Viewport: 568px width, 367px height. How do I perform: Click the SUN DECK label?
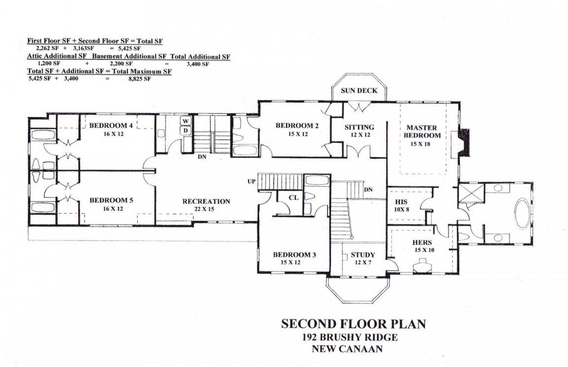pos(359,91)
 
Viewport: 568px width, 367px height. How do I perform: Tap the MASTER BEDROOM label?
pos(422,132)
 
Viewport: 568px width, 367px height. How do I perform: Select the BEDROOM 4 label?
pos(111,126)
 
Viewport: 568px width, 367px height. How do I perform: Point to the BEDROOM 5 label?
pos(111,200)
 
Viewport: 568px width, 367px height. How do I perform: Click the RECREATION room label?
pos(206,201)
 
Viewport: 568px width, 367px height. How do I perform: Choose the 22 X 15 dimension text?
pos(206,209)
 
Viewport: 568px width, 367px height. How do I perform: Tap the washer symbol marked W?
pos(186,121)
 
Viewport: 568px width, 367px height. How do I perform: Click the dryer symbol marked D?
pos(186,131)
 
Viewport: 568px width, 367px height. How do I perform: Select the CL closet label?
pos(294,198)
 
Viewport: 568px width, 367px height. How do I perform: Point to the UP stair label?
pos(252,182)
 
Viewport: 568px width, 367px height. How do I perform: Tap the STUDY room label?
pos(363,255)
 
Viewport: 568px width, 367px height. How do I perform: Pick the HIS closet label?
pos(401,201)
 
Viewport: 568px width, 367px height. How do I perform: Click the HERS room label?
pos(422,242)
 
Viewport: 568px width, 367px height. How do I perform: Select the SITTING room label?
pos(359,127)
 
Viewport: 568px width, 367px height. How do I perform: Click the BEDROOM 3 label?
pos(294,255)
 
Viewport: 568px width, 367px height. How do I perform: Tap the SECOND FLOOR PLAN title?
pos(353,324)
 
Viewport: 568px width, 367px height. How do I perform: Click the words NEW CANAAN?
pos(347,349)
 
